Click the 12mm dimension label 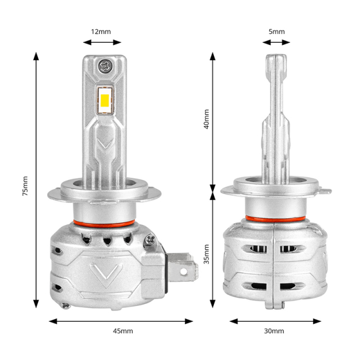click(x=101, y=32)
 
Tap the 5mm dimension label click(x=276, y=32)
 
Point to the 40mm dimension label click(x=206, y=119)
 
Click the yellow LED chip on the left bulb click(x=105, y=100)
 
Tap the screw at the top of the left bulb click(x=105, y=65)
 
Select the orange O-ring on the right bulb click(x=275, y=218)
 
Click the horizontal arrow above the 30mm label click(x=274, y=321)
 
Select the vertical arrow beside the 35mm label click(x=213, y=247)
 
